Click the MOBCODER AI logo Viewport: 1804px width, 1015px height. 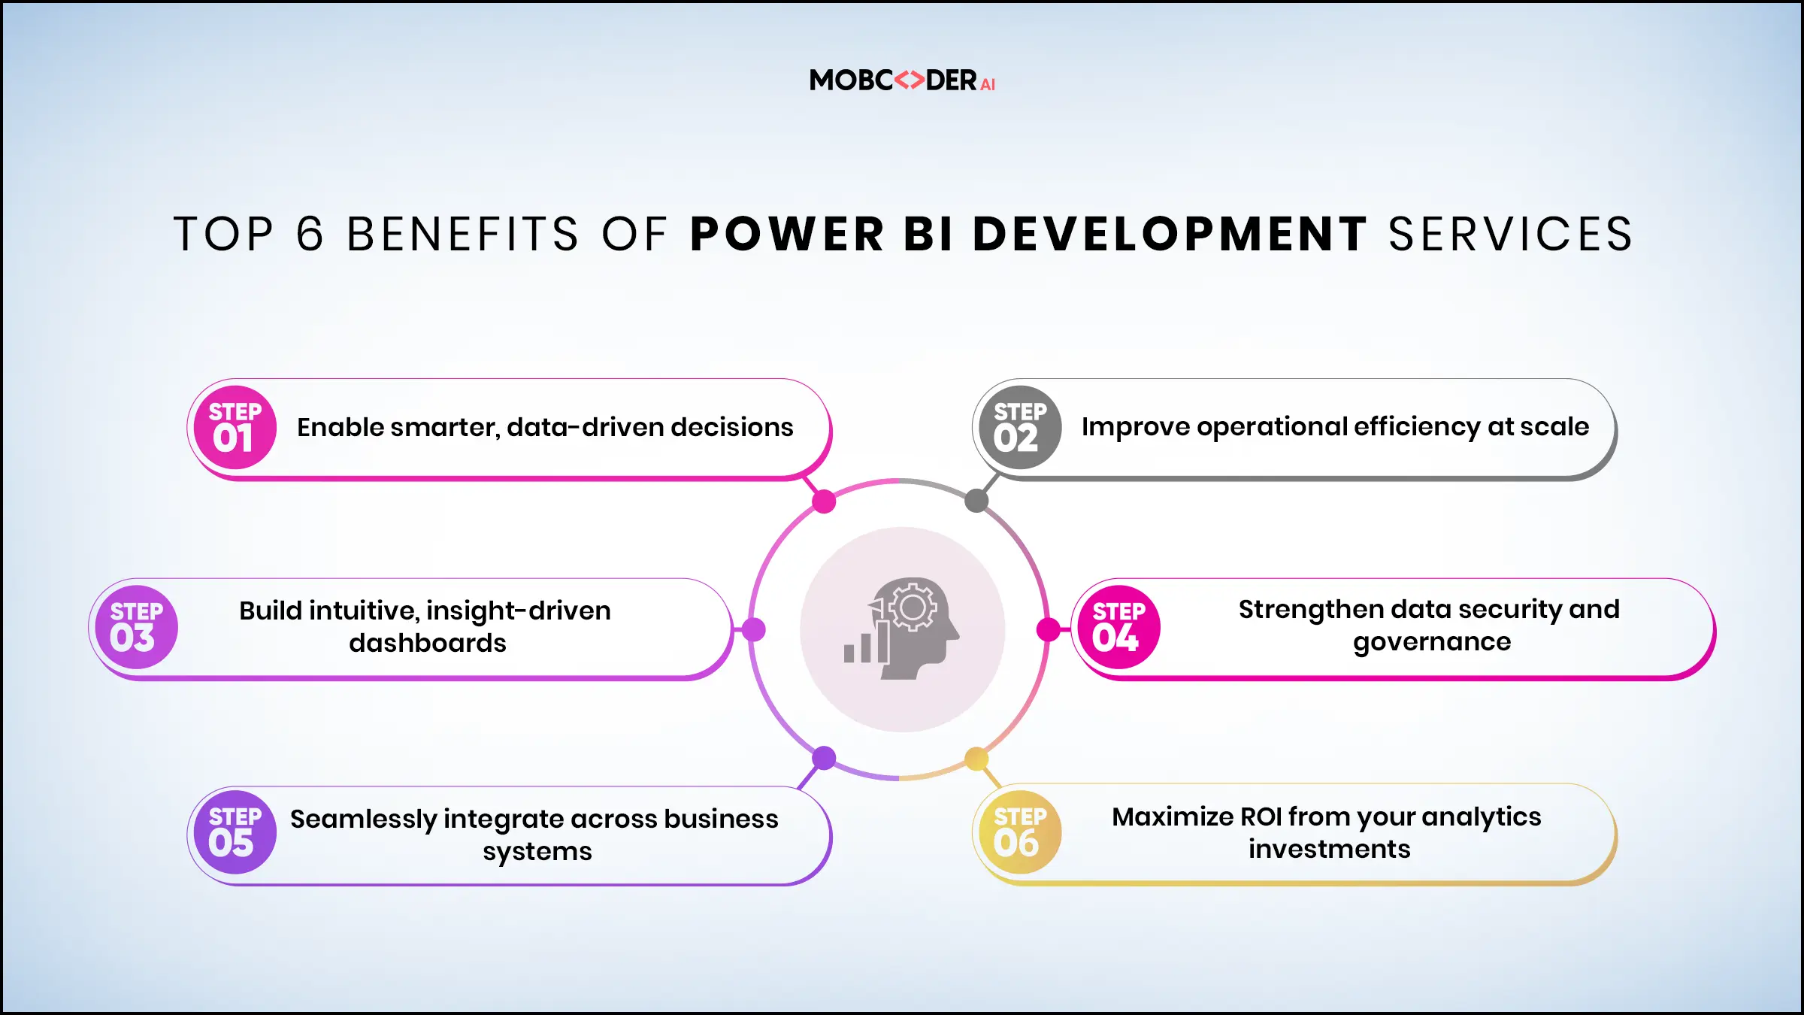pos(902,80)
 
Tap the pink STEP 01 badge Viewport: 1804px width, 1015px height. pos(235,428)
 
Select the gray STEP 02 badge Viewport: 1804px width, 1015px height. pos(1020,428)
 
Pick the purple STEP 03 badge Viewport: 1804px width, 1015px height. pos(136,627)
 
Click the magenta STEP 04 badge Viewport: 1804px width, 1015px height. pos(1118,627)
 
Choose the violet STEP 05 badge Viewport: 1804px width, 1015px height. pos(235,832)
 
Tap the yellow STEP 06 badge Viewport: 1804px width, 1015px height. pos(1020,832)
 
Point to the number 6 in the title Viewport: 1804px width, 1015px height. pos(310,234)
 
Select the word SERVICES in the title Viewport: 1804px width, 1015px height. pos(1510,234)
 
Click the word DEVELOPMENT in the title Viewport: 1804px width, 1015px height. pos(1170,234)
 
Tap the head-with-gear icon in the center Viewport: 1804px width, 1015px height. pos(903,629)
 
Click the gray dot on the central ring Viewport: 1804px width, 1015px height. pos(976,501)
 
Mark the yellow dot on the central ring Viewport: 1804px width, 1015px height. pos(976,759)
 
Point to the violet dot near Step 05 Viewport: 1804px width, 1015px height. pos(825,758)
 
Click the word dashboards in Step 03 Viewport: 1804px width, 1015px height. pos(428,644)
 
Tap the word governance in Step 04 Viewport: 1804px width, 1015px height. pos(1432,642)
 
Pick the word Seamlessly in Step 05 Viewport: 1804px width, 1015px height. pos(363,819)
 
